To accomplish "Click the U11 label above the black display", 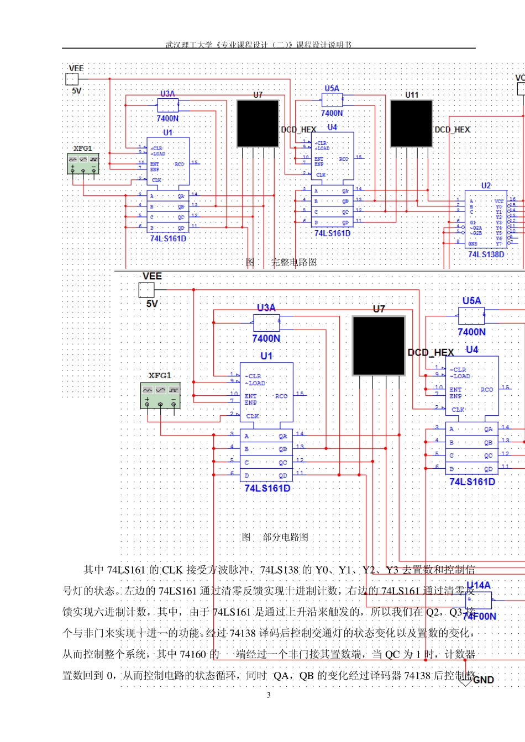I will point(412,95).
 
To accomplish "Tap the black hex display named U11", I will point(411,124).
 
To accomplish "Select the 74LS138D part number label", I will point(486,254).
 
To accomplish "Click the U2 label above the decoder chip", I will point(486,185).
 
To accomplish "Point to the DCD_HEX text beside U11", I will point(452,130).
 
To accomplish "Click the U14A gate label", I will point(478,585).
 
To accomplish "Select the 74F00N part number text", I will point(479,616).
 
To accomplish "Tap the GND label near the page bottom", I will point(483,680).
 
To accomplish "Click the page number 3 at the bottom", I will point(269,695).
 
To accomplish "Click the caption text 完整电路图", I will point(294,262).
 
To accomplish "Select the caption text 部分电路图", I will point(285,537).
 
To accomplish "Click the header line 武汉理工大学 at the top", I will point(258,45).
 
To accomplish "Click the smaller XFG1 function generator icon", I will point(83,164).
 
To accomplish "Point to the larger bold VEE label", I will point(152,276).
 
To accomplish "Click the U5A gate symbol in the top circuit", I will point(332,100).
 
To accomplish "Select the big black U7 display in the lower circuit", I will point(379,346).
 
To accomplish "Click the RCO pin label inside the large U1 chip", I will point(281,396).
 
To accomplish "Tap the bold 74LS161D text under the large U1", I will point(267,488).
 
